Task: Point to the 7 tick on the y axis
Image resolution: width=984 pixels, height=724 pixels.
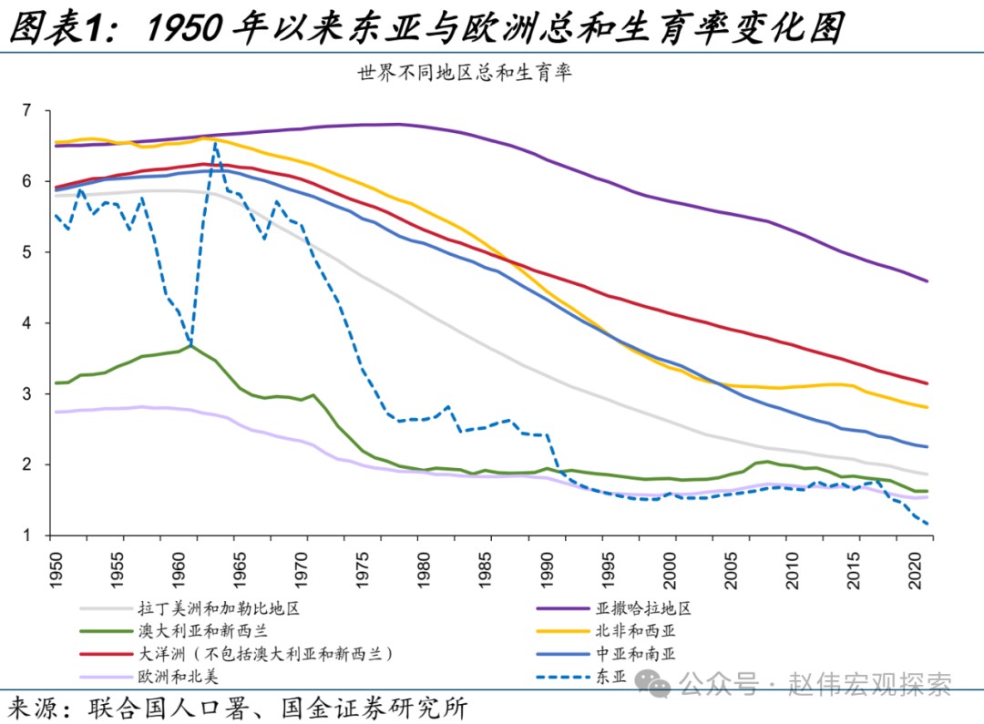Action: point(26,111)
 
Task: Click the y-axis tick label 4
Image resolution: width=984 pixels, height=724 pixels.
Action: point(26,323)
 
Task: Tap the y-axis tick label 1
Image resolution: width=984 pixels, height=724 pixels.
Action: point(26,535)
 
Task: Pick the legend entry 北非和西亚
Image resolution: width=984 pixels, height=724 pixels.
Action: point(637,630)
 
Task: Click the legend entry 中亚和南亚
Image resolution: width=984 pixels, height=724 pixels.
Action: point(637,653)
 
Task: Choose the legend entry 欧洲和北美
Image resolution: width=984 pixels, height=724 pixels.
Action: point(178,676)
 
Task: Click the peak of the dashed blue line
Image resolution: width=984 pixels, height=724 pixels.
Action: point(215,143)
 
